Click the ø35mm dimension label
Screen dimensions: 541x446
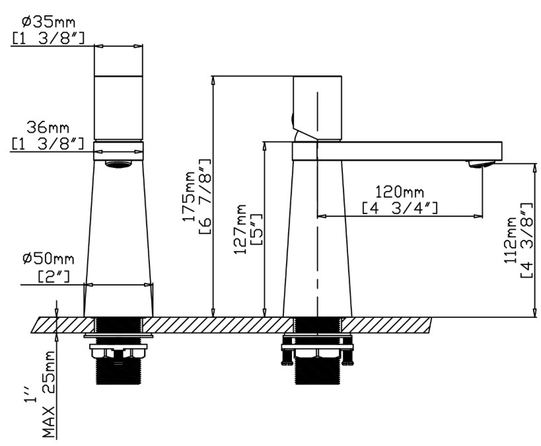point(49,22)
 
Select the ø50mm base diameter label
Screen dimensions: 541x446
point(48,258)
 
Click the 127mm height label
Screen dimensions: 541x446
point(240,229)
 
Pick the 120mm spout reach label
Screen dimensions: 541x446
point(400,192)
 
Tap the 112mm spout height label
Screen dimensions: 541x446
point(511,240)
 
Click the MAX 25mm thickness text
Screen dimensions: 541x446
point(49,394)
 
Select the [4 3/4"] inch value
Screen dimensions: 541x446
point(400,208)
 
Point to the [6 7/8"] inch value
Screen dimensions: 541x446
point(205,197)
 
